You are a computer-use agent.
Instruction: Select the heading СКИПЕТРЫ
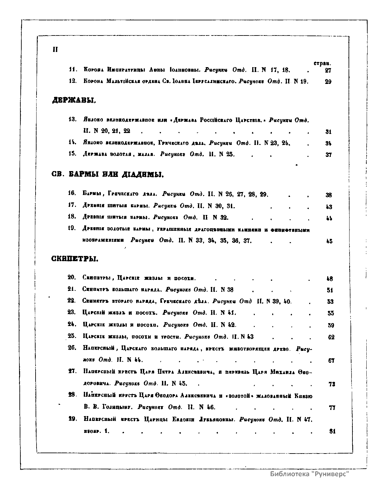75,259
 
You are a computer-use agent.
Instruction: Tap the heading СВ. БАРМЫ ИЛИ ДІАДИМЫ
108,175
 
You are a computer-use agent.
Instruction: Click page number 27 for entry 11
328,70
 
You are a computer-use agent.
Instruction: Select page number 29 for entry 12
328,82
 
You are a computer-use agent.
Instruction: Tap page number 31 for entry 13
329,132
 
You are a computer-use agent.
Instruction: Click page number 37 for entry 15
329,155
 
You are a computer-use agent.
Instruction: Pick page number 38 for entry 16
329,195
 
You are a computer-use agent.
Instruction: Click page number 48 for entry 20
330,279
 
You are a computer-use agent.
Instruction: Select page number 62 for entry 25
331,337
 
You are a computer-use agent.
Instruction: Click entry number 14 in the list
72,142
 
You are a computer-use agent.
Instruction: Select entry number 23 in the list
72,312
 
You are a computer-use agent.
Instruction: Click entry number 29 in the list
72,419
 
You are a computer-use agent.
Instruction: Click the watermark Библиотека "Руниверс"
310,474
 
